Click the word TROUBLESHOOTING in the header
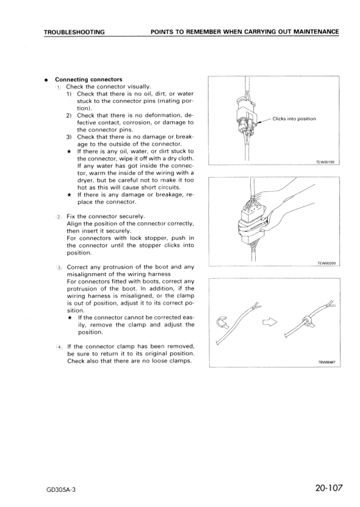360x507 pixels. click(x=74, y=31)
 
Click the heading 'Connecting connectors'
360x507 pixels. click(x=88, y=79)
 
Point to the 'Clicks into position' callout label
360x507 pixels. click(x=294, y=119)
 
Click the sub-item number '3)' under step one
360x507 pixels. click(x=69, y=137)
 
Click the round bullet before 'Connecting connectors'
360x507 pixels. click(x=45, y=79)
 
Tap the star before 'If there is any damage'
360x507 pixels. click(x=70, y=195)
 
